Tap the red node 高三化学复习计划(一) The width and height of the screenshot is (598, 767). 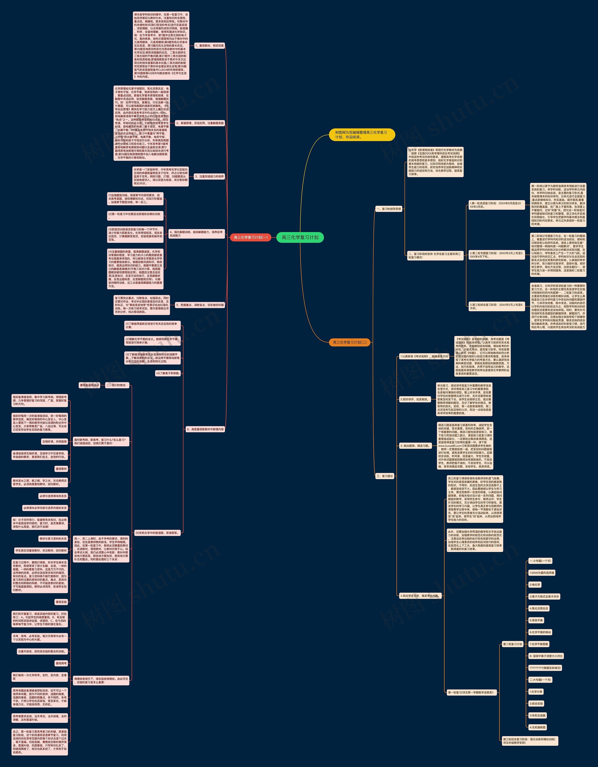point(250,237)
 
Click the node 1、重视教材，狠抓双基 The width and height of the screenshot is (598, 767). point(209,46)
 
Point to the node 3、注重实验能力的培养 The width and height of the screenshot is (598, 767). point(209,177)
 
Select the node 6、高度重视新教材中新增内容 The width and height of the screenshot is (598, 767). point(205,429)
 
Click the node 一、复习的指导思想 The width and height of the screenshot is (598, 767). point(389,209)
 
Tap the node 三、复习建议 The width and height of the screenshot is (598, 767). point(385,476)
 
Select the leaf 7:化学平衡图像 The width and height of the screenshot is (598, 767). point(539,644)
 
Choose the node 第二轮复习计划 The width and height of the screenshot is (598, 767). point(512,644)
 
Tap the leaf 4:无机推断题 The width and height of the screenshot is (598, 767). point(537,727)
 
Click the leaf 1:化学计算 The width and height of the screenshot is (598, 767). point(536,692)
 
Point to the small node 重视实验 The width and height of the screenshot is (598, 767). point(61,602)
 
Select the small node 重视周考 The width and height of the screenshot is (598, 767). point(61,663)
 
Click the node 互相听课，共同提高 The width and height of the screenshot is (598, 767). point(54,442)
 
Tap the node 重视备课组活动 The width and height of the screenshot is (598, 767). point(90,385)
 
